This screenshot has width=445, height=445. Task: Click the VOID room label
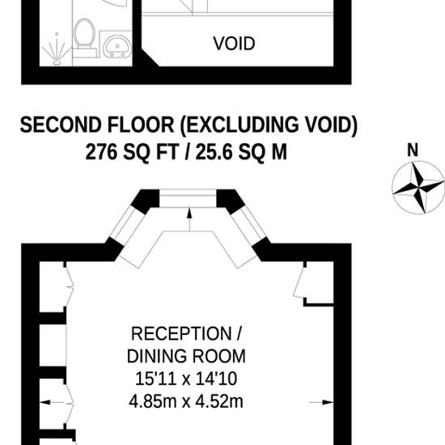[x=234, y=44]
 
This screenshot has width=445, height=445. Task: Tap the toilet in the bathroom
[x=84, y=38]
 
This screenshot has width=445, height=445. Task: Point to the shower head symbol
[x=57, y=49]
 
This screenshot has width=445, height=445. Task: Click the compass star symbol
[x=418, y=188]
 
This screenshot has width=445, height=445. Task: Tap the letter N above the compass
[x=413, y=150]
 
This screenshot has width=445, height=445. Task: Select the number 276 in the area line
[x=101, y=152]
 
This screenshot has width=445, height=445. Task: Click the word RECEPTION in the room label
[x=181, y=333]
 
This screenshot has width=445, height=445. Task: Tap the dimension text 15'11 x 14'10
[x=186, y=379]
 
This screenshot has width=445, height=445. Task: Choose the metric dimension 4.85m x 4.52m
[x=186, y=401]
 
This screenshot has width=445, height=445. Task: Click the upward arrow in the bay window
[x=189, y=219]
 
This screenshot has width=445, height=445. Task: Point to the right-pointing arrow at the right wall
[x=321, y=402]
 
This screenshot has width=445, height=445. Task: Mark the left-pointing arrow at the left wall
[x=52, y=402]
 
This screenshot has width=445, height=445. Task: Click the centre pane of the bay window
[x=188, y=198]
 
